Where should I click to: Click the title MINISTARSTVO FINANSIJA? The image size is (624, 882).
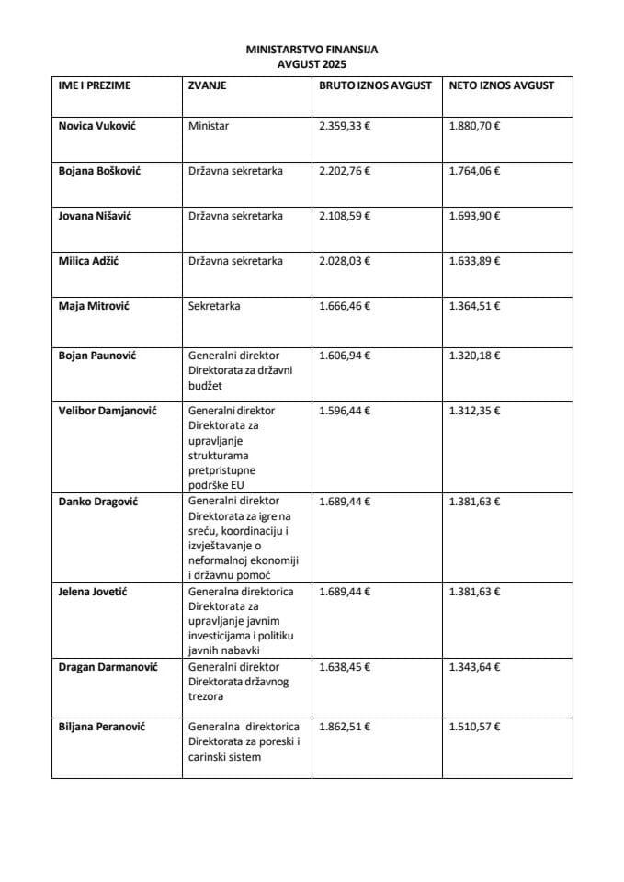coord(312,51)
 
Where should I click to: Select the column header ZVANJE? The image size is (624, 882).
coord(208,85)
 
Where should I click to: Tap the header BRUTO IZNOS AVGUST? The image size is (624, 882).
coord(374,85)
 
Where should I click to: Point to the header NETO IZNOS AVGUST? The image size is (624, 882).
coord(502,85)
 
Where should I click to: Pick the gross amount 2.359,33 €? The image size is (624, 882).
coord(344,126)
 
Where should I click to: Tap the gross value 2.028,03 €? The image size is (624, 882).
coord(344,261)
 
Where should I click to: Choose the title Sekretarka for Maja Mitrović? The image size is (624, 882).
coord(214,306)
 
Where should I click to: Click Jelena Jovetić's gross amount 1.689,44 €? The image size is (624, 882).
coord(344,592)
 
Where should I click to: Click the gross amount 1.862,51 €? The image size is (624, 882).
coord(344,727)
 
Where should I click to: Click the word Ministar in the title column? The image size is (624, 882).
coord(208,126)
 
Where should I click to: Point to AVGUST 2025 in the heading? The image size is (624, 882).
coord(312,65)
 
